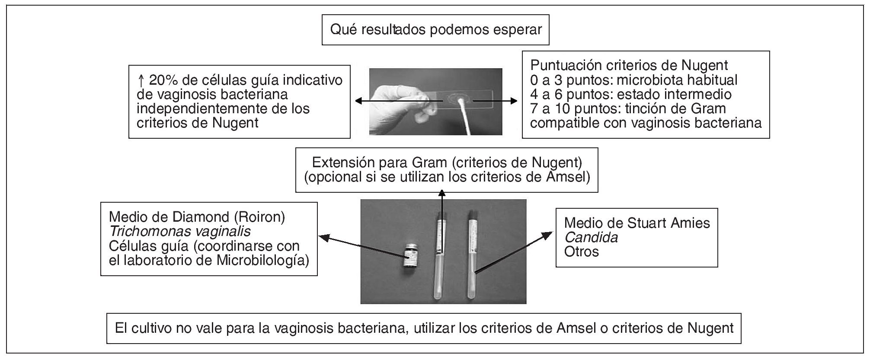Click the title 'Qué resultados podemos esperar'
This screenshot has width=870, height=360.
click(435, 30)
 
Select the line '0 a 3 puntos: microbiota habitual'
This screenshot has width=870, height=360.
click(634, 80)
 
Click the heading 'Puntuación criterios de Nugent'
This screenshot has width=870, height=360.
click(629, 65)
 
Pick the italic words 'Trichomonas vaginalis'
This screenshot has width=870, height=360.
click(179, 231)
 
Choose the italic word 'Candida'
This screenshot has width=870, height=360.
click(591, 237)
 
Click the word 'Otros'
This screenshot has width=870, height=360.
click(582, 252)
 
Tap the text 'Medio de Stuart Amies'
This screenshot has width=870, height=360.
click(637, 223)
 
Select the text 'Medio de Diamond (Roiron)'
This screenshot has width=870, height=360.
click(197, 217)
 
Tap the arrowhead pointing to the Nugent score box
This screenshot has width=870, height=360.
click(513, 101)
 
